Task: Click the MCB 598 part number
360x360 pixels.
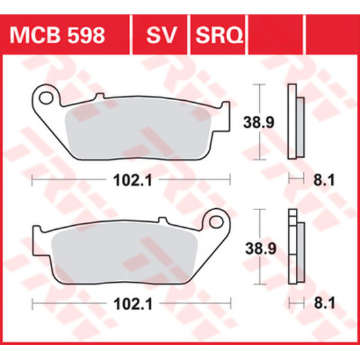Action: coord(57,35)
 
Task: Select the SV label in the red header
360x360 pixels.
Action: coord(162,35)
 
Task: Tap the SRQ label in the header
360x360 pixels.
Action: coord(219,35)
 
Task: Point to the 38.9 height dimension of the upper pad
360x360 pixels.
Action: coord(259,122)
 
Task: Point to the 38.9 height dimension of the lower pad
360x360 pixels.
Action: coord(261,248)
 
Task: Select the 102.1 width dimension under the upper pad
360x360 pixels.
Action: coord(133,180)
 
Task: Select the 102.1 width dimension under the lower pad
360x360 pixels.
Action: coord(133,304)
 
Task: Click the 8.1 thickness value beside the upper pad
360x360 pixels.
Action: coord(324,179)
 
